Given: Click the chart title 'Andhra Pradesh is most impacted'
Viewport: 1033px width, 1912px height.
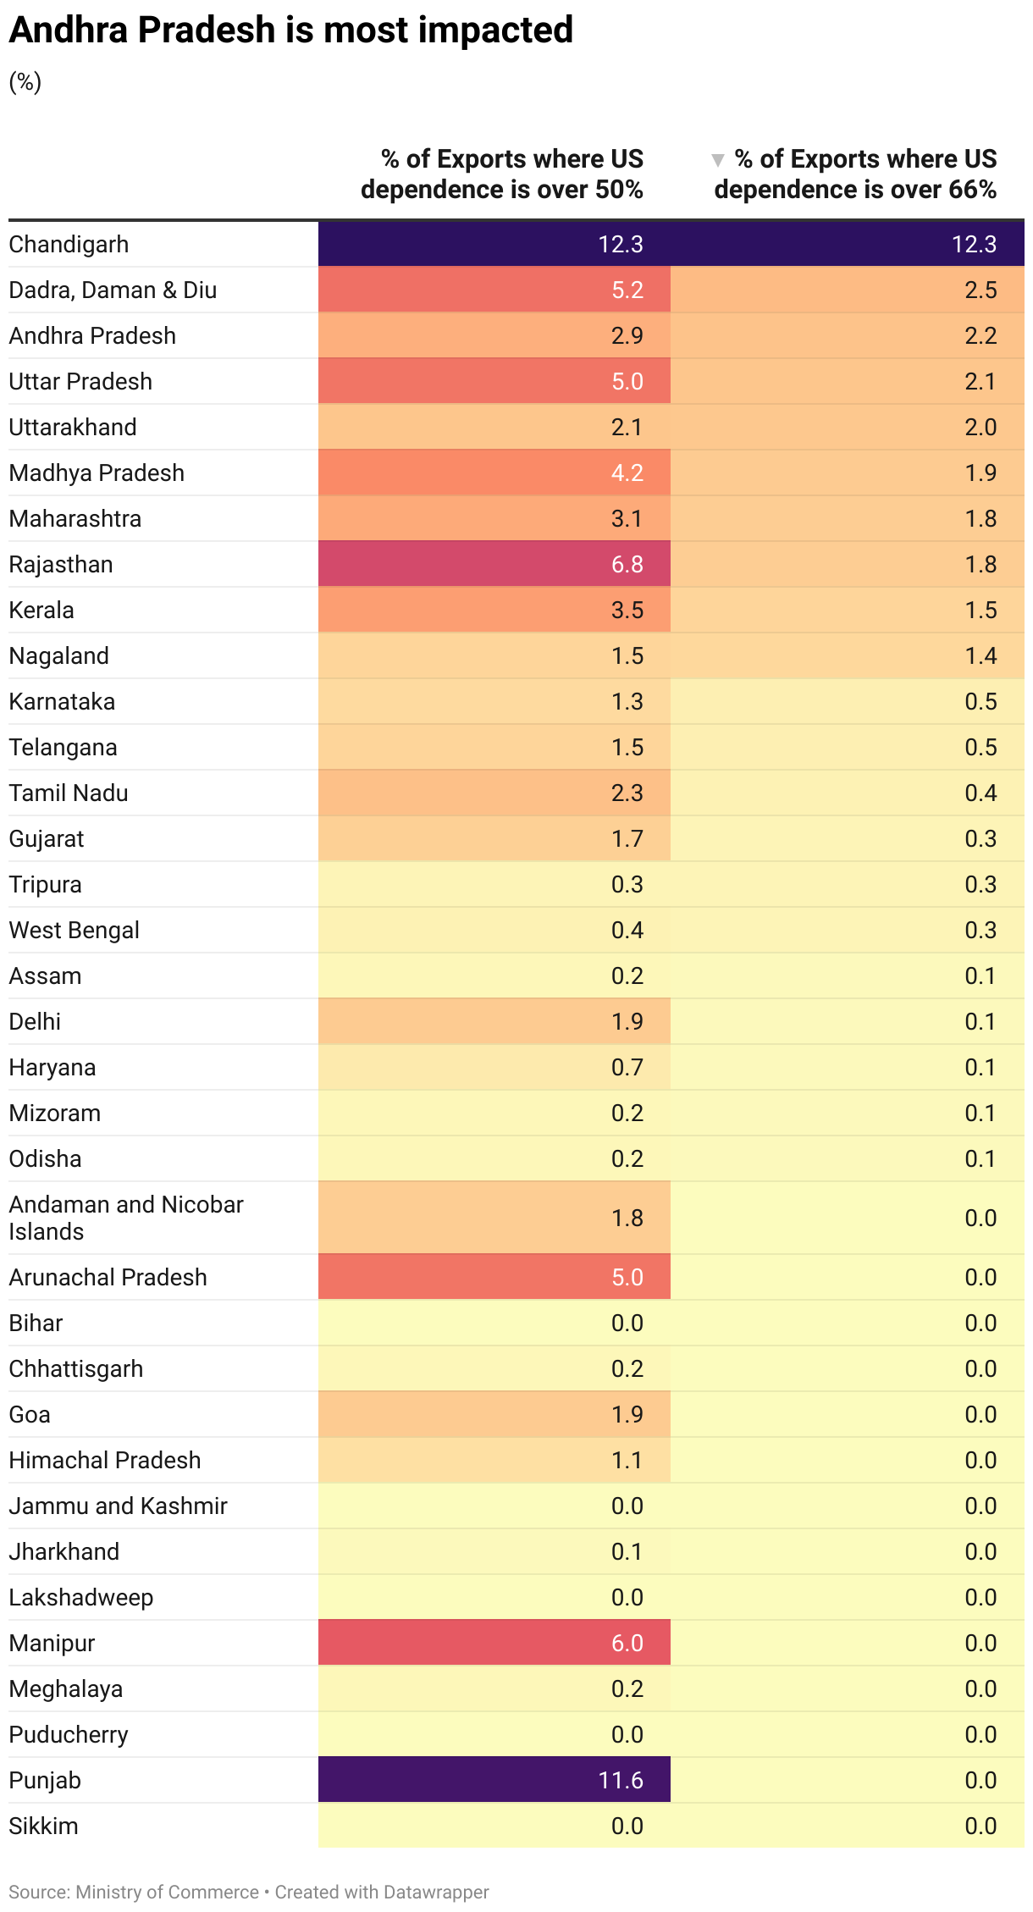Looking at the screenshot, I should coord(290,30).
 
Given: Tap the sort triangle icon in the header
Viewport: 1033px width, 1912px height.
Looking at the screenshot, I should coord(718,160).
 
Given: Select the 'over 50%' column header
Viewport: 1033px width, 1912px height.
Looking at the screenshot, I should coord(502,174).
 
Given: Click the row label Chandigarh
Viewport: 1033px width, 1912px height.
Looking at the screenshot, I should coord(69,244).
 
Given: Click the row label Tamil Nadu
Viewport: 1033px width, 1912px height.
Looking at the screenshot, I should coord(69,793).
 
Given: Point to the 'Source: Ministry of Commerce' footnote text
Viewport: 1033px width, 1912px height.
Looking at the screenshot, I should coord(134,1892).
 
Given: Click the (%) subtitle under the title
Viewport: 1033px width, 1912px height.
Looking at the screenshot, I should coord(25,81).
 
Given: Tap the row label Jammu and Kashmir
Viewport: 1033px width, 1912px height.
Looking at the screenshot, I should coord(118,1506).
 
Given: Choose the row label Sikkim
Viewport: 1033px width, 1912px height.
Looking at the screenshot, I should coord(43,1826).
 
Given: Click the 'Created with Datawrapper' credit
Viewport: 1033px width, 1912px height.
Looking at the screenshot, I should coord(382,1892).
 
